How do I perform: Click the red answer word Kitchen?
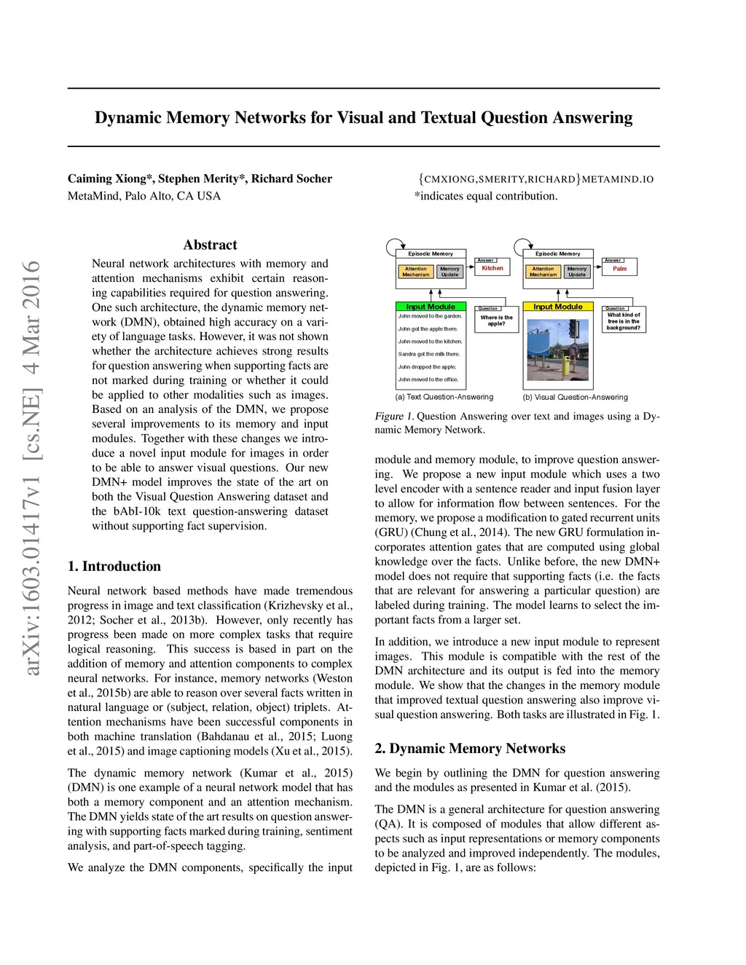pos(492,269)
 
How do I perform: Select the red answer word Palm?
pos(619,269)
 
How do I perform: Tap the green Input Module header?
pos(431,307)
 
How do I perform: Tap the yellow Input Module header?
pos(558,307)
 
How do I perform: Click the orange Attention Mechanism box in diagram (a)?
pos(415,272)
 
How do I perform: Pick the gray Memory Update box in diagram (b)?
pos(577,272)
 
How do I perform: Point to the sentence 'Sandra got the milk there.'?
pos(429,354)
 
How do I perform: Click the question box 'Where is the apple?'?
pos(496,320)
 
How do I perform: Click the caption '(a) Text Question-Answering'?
pos(444,397)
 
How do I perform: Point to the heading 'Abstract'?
pos(210,245)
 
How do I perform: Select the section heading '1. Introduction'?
pos(114,567)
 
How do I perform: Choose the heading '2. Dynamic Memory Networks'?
pos(470,749)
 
